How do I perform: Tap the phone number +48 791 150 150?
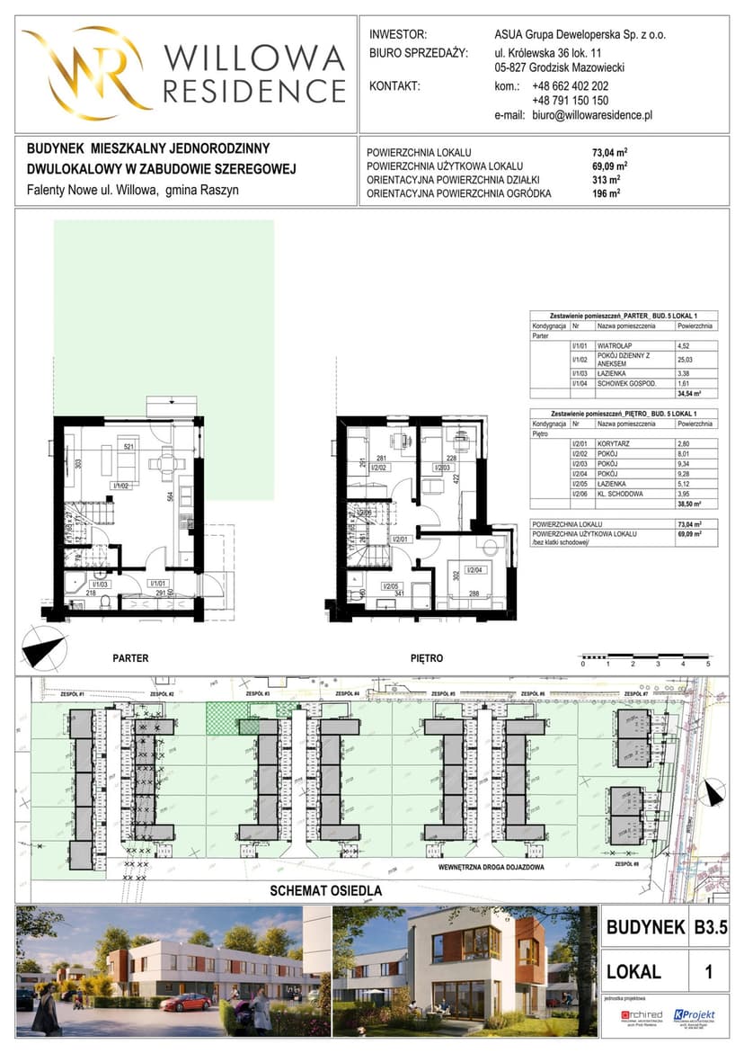point(570,102)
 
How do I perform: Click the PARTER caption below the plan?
point(130,658)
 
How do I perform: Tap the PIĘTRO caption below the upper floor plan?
point(426,658)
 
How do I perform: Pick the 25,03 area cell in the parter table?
point(686,361)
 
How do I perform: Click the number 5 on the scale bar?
point(708,664)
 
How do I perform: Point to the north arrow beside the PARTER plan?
point(44,647)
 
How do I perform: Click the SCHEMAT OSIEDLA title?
point(326,891)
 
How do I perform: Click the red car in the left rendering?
point(187,1002)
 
